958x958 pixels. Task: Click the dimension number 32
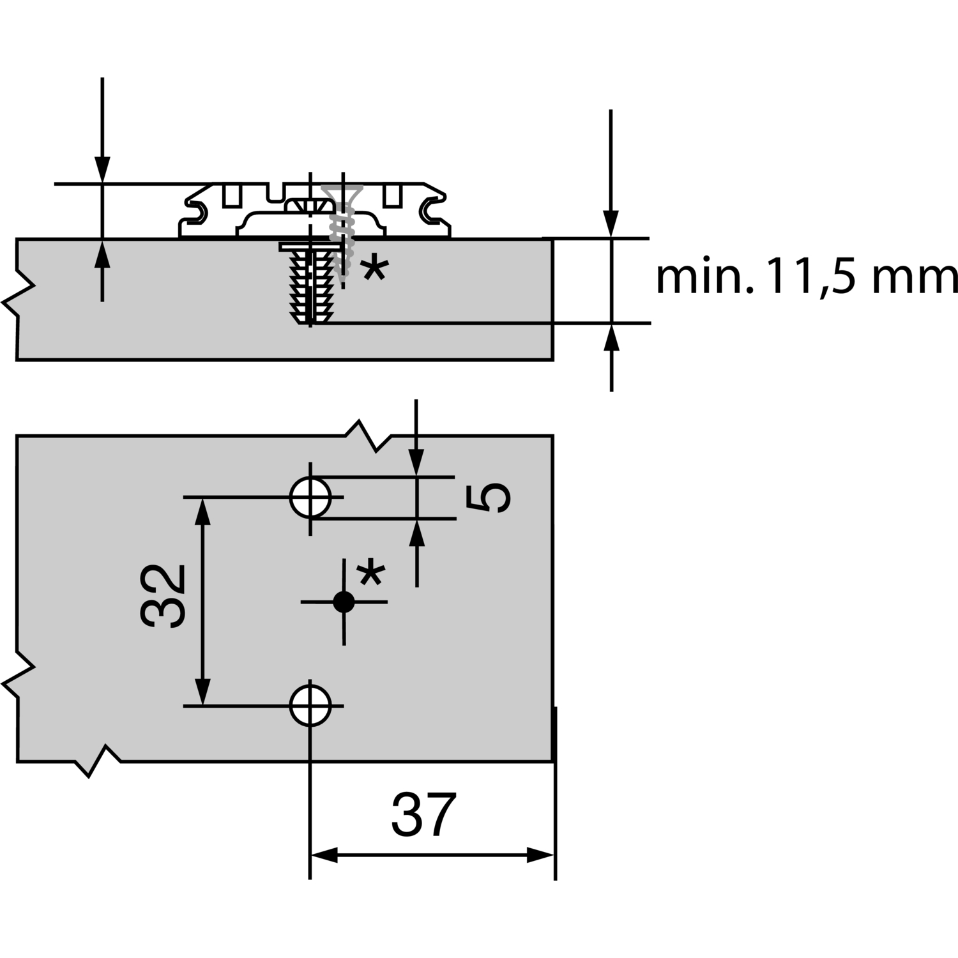[x=163, y=595]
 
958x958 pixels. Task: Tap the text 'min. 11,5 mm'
[x=806, y=278]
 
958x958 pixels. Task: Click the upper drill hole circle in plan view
[x=310, y=498]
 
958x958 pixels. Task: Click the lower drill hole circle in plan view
[x=310, y=705]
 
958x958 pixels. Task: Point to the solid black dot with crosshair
[x=344, y=602]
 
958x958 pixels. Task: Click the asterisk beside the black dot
[x=370, y=573]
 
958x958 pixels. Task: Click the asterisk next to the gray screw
[x=374, y=269]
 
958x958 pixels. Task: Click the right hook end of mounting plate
[x=432, y=210]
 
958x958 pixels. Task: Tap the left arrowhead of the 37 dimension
[x=323, y=856]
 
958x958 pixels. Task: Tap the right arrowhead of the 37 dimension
[x=540, y=856]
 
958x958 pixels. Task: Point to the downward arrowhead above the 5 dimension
[x=416, y=463]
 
